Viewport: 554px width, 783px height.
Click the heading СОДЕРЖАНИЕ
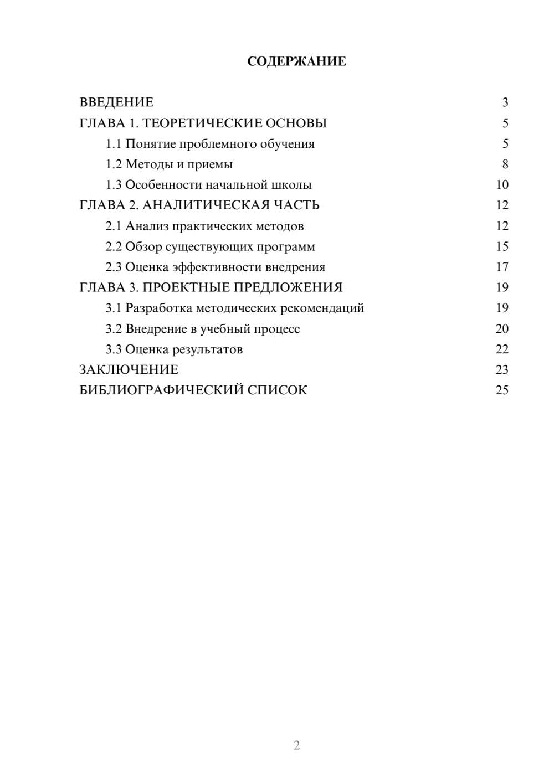pyautogui.click(x=296, y=61)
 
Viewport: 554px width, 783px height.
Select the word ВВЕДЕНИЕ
pyautogui.click(x=116, y=102)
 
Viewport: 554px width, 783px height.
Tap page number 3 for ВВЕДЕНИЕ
pyautogui.click(x=505, y=102)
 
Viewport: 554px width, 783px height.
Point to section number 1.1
pyautogui.click(x=113, y=144)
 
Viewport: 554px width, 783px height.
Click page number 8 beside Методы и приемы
pyautogui.click(x=505, y=164)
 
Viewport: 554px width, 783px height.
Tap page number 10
pyautogui.click(x=502, y=185)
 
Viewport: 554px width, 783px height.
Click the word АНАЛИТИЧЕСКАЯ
pyautogui.click(x=206, y=205)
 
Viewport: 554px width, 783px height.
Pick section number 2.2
pyautogui.click(x=113, y=246)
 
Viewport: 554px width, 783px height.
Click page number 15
pyautogui.click(x=502, y=246)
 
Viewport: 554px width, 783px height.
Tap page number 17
pyautogui.click(x=502, y=267)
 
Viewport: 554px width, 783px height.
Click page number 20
pyautogui.click(x=502, y=329)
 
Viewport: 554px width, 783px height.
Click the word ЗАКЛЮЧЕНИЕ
pyautogui.click(x=129, y=370)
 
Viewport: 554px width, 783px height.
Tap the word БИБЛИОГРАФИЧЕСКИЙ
pyautogui.click(x=161, y=390)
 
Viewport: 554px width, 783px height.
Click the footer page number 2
pyautogui.click(x=296, y=745)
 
